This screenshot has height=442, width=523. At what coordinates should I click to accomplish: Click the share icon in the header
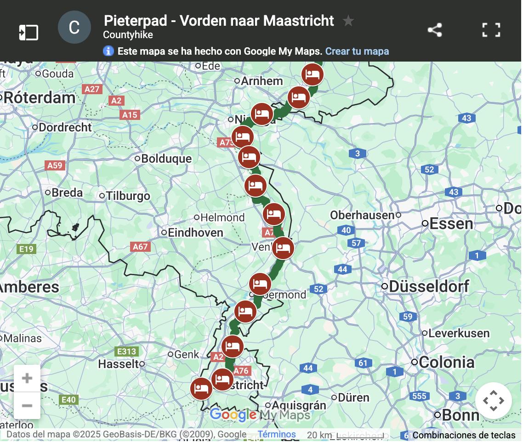click(x=434, y=30)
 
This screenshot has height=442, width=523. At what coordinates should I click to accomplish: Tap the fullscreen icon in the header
click(x=491, y=30)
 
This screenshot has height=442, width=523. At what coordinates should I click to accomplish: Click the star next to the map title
click(x=348, y=21)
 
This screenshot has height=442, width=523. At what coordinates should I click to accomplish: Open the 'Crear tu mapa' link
click(x=357, y=51)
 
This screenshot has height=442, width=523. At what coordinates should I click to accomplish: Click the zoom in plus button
click(x=27, y=378)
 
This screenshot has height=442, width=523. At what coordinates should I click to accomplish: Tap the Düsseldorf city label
click(x=429, y=286)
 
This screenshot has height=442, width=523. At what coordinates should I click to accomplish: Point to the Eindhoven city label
click(x=195, y=232)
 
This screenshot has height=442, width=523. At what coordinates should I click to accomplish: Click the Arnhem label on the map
click(x=261, y=81)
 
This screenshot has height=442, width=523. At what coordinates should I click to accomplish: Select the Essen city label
click(x=450, y=224)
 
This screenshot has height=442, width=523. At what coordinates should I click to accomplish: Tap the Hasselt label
click(x=118, y=364)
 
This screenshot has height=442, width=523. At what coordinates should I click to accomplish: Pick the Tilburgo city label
click(x=128, y=196)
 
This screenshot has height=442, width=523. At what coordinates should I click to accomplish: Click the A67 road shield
click(x=140, y=247)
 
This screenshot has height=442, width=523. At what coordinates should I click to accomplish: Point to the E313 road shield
click(x=126, y=352)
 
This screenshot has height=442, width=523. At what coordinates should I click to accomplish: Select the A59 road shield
click(x=55, y=165)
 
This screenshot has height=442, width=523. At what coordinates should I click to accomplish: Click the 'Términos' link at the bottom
click(x=277, y=434)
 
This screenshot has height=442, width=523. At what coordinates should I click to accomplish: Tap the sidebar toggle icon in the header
click(x=28, y=32)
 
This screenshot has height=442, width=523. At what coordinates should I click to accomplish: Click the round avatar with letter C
click(x=74, y=28)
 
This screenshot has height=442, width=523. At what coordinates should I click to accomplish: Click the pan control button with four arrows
click(x=493, y=401)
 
